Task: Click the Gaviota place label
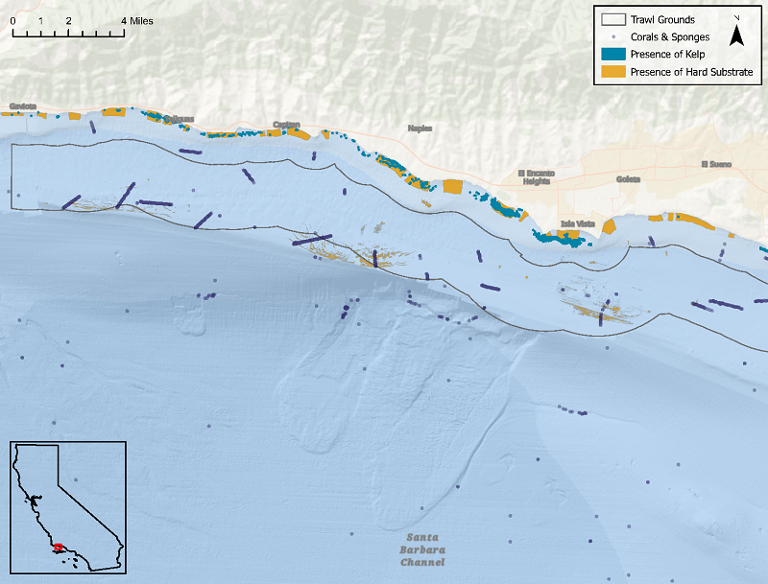tap(22, 105)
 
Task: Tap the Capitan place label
tap(286, 125)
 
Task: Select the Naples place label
tap(420, 128)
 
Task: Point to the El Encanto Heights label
tap(535, 176)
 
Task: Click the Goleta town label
tap(629, 177)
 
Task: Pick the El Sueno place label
tap(716, 164)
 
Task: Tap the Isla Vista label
tap(578, 224)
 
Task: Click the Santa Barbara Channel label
tap(424, 549)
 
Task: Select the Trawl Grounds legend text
tap(661, 19)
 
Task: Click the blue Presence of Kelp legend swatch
tap(612, 54)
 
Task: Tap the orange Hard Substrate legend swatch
tap(612, 72)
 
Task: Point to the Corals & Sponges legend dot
tap(612, 37)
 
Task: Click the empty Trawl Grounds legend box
tap(612, 19)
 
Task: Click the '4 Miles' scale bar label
tap(137, 20)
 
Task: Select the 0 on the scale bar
tap(12, 20)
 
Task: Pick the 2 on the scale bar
tap(68, 20)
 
